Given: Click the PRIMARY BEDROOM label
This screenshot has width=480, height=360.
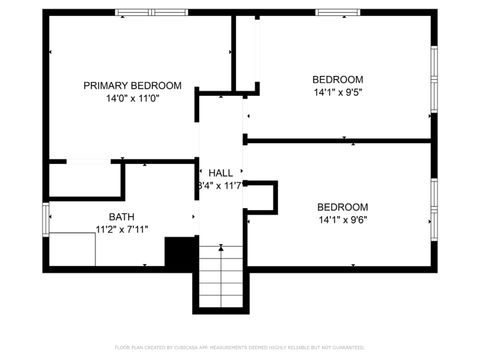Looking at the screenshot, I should [132, 86].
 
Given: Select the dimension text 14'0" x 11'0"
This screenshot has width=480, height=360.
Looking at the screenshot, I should [132, 99].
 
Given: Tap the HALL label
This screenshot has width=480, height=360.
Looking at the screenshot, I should [220, 173].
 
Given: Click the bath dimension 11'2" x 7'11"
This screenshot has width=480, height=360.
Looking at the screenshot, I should [122, 229].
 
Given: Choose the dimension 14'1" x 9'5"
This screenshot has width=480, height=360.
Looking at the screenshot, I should [338, 93].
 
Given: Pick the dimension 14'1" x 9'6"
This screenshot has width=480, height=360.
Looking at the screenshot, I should [343, 220].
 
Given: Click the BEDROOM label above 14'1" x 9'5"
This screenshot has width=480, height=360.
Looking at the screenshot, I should [338, 80].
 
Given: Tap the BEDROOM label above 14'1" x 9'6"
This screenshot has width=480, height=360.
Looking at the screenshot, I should [343, 207].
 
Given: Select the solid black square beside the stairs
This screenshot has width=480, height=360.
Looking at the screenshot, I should [180, 253].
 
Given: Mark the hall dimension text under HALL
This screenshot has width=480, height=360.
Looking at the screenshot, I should [220, 186].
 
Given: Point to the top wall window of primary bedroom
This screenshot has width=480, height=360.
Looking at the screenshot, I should [150, 13].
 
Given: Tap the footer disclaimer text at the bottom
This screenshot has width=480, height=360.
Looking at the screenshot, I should [240, 347].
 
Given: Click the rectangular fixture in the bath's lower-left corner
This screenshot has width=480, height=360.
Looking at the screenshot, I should [72, 249].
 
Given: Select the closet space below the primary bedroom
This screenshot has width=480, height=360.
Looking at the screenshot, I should [84, 180].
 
